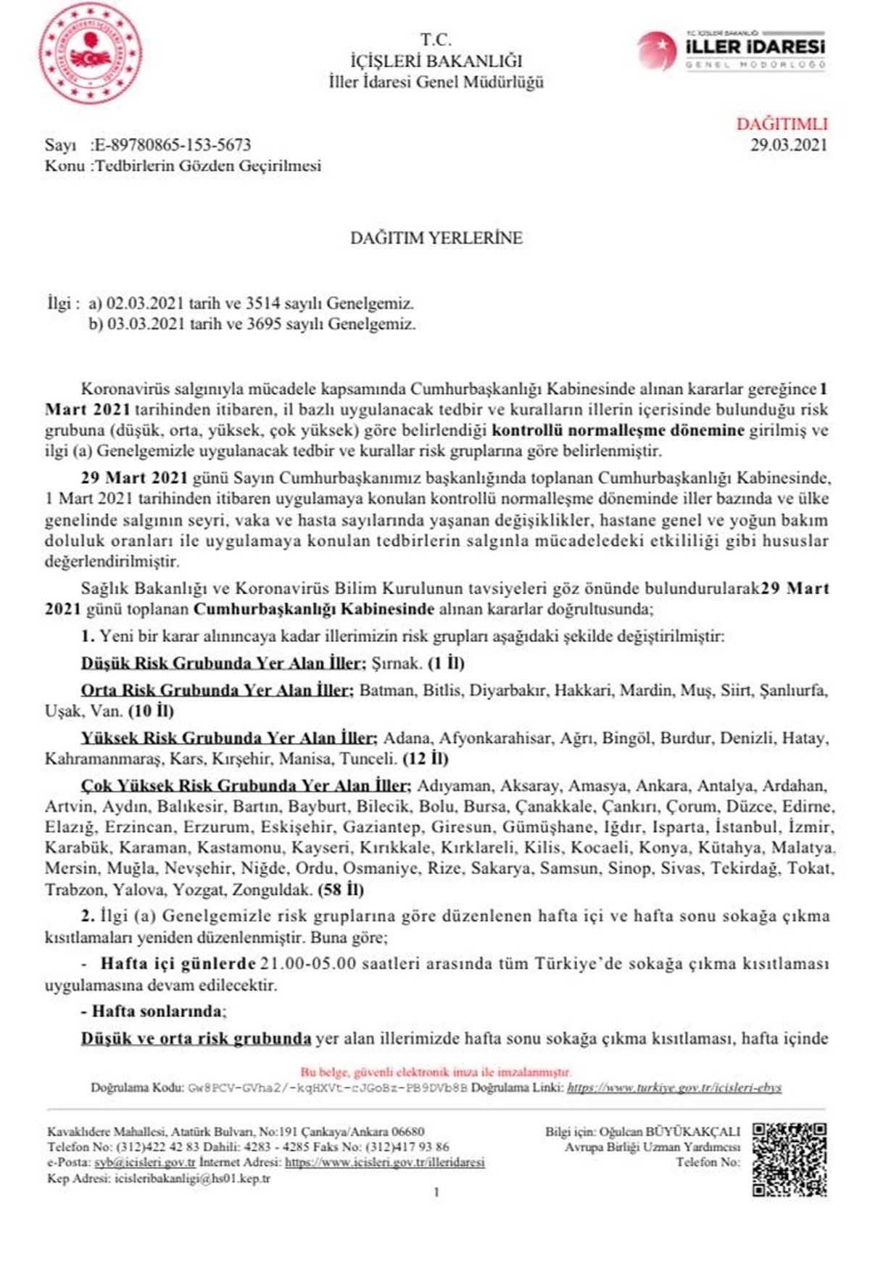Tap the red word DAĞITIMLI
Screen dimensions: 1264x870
(x=782, y=124)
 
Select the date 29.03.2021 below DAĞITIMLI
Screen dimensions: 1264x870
(x=788, y=144)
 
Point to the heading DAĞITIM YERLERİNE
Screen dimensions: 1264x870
(x=436, y=238)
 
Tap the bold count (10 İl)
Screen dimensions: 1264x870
(x=150, y=710)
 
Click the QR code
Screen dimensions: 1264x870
(x=790, y=1160)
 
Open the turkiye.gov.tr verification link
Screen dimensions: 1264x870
(x=674, y=1088)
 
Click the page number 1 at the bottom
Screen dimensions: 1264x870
(x=436, y=1192)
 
